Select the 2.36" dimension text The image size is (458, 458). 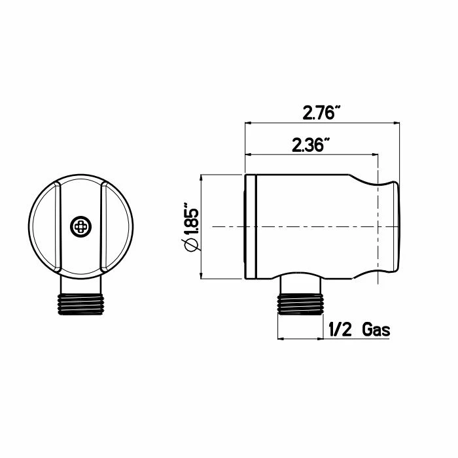[311, 145]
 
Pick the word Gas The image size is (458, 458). [376, 330]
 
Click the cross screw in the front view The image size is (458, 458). [81, 226]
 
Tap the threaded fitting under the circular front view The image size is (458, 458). [81, 304]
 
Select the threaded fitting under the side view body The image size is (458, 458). [300, 304]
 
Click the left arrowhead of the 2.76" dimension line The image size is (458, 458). [248, 123]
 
